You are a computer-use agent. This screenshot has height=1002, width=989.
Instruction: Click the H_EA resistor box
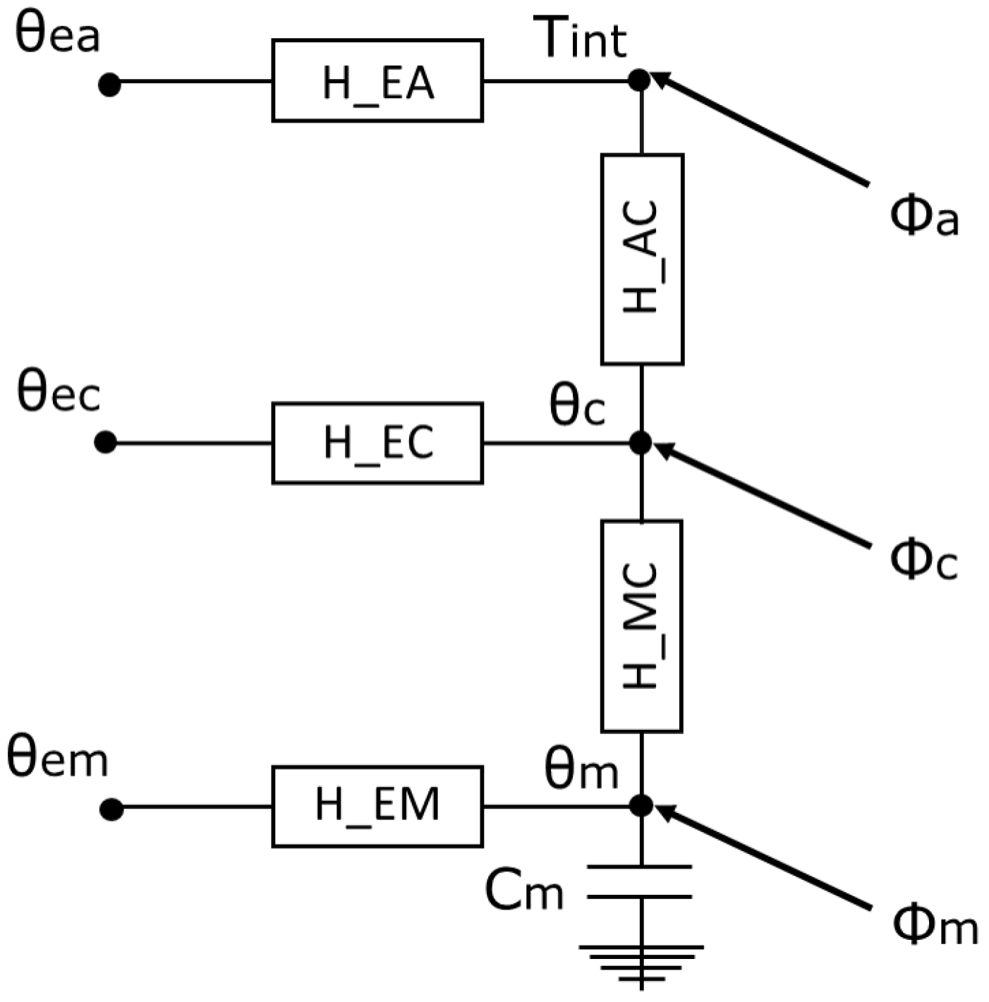[377, 81]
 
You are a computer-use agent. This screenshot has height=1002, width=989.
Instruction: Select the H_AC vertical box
[642, 259]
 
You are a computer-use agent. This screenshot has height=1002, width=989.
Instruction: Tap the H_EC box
[377, 443]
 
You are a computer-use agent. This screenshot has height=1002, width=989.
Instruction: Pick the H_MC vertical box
[641, 625]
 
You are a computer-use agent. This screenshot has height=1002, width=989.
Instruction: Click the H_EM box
[377, 806]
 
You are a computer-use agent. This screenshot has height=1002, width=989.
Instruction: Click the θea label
[58, 35]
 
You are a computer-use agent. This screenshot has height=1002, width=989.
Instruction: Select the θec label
[59, 393]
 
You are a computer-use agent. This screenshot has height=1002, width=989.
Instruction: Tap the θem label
[58, 759]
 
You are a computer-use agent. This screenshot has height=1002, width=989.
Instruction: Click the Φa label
[924, 216]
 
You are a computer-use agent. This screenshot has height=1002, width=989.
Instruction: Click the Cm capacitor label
[524, 891]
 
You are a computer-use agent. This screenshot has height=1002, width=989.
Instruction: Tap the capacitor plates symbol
[640, 881]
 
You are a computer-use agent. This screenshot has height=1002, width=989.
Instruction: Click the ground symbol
[641, 963]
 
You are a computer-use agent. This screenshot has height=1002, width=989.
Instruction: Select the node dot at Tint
[639, 80]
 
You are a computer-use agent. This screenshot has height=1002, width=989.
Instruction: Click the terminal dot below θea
[109, 85]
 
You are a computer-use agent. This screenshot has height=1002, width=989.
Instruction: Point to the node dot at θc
[640, 443]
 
